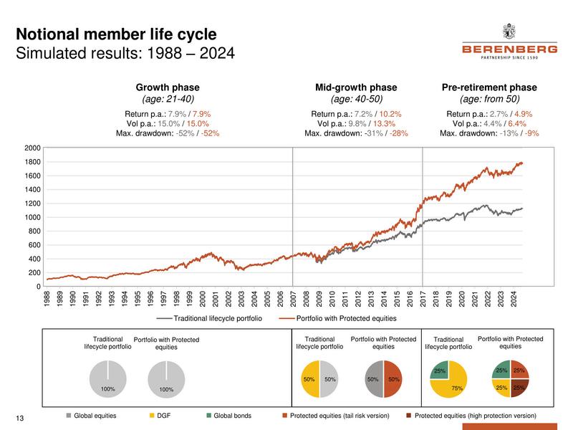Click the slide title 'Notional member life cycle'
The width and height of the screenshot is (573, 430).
click(116, 35)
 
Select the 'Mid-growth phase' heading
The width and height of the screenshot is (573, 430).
click(356, 87)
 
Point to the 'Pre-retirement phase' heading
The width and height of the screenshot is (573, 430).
click(489, 87)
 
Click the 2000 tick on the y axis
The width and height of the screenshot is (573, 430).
click(31, 148)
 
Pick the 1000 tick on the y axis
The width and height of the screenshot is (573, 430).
click(31, 217)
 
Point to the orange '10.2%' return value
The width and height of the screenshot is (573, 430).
click(390, 114)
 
